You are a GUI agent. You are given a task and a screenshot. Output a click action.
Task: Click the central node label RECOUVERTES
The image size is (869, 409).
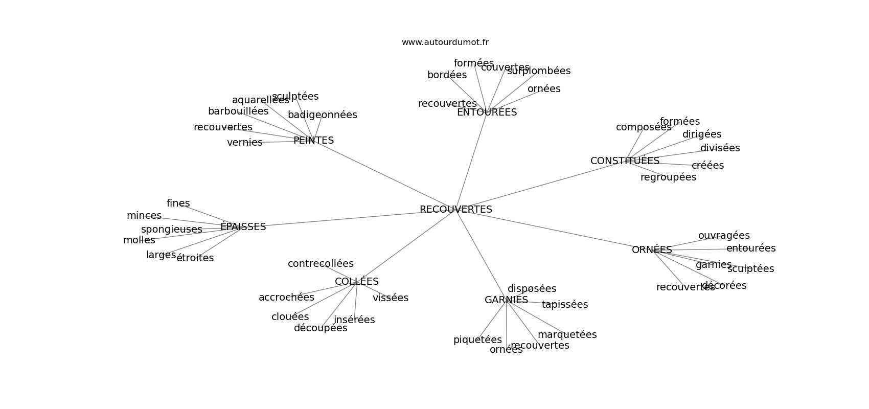(455, 210)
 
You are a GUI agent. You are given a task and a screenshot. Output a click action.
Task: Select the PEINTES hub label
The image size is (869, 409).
(313, 141)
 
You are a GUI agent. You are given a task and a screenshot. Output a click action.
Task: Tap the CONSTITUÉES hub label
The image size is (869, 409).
(625, 161)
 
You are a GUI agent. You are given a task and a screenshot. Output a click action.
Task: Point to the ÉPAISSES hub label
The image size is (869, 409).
(243, 227)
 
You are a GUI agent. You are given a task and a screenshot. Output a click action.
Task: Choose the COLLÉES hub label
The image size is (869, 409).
(357, 282)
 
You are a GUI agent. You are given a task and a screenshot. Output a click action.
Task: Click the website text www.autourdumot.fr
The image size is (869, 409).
(445, 42)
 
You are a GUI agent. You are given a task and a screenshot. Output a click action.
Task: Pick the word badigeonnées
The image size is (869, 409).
(322, 115)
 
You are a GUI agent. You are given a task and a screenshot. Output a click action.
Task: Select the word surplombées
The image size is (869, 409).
(539, 71)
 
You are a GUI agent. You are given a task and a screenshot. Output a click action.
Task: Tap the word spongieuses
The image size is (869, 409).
(171, 230)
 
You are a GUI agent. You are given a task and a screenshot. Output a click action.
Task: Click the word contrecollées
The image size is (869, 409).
(321, 264)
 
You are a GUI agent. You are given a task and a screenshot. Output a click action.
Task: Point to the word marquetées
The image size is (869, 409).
(567, 335)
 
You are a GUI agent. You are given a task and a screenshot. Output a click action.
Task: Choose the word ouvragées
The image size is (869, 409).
(724, 236)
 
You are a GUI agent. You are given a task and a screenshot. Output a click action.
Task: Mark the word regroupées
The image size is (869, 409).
(668, 177)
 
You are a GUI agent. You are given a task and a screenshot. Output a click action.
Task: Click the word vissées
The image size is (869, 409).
(391, 298)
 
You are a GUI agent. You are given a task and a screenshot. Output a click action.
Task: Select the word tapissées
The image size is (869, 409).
(565, 305)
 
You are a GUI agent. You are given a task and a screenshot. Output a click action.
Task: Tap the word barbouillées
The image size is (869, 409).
(238, 111)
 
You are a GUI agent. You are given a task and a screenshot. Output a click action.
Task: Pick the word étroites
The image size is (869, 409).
(195, 258)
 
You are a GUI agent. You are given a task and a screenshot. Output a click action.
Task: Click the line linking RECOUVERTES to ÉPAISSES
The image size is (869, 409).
(348, 218)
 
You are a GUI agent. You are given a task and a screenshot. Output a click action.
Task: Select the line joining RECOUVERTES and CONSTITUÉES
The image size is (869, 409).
(537, 186)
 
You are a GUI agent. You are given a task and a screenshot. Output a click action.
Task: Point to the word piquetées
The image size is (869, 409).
(477, 340)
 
